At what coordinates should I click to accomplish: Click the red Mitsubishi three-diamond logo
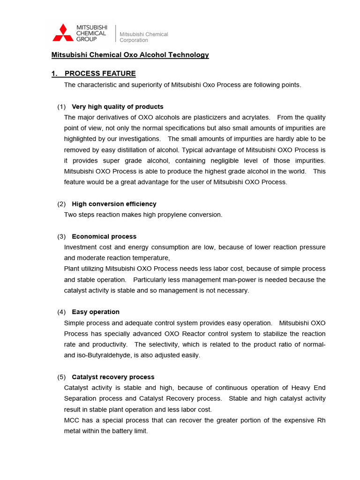tap(63, 33)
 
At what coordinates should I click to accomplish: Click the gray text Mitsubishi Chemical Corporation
tap(143, 37)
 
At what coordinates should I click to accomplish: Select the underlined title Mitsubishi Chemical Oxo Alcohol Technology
tap(130, 55)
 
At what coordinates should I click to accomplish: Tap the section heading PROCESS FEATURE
tap(100, 74)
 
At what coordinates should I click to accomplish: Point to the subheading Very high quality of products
tap(117, 106)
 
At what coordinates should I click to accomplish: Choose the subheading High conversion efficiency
tap(114, 204)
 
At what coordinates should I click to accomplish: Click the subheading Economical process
tap(104, 236)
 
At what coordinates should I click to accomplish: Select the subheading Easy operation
tap(96, 312)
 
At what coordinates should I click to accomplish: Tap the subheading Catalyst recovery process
tap(113, 377)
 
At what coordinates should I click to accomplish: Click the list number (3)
tap(61, 236)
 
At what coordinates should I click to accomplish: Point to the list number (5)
tap(61, 377)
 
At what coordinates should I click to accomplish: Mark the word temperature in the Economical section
tap(152, 258)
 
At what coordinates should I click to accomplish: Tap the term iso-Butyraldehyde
tap(104, 355)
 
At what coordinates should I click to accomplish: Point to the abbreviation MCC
tap(72, 420)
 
